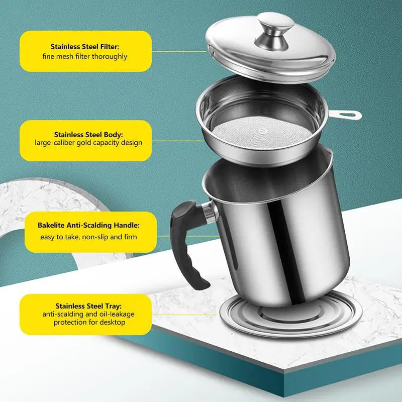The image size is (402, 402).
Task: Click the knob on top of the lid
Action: tap(275, 31)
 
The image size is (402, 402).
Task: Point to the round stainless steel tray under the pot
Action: tap(291, 316)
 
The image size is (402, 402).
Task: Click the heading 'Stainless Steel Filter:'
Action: tap(85, 47)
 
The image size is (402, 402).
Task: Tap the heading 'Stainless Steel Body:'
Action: tap(88, 135)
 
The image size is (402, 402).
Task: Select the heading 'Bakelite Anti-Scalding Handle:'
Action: tap(88, 225)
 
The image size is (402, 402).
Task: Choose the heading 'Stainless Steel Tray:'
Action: tap(89, 306)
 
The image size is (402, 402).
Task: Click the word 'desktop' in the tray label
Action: tap(112, 322)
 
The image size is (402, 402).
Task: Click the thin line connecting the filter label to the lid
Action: tap(179, 52)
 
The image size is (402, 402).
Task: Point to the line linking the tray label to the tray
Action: tap(184, 315)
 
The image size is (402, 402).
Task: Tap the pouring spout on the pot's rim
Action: tap(329, 153)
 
